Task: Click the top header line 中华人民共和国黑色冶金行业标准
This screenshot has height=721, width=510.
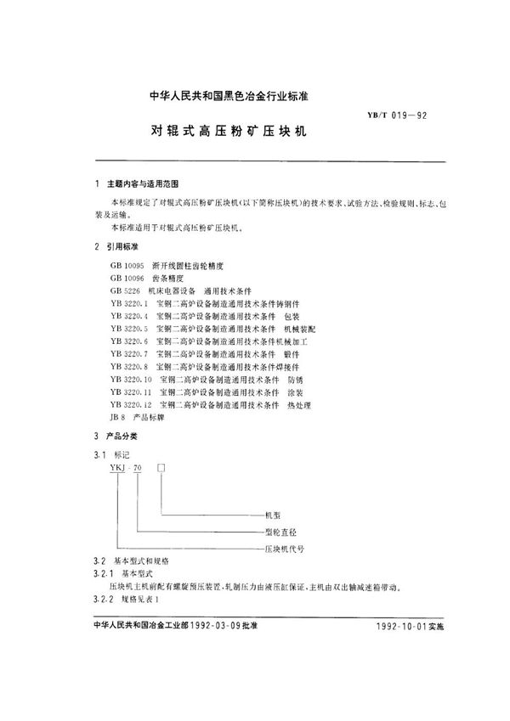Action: pos(204,97)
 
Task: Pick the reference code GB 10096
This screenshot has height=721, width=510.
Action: pos(127,278)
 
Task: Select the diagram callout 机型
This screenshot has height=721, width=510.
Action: pos(274,515)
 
